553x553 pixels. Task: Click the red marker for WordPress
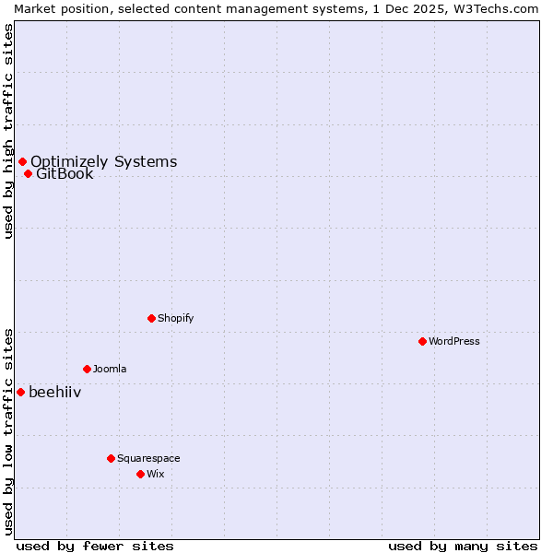(x=422, y=341)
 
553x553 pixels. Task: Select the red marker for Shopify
(x=151, y=318)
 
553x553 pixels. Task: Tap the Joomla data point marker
(x=87, y=369)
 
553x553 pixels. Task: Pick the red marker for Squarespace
(x=111, y=458)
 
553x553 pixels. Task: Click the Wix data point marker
(x=140, y=474)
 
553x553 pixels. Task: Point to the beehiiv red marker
(x=20, y=392)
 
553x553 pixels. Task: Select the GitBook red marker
(x=28, y=173)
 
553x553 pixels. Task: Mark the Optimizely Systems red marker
(x=22, y=162)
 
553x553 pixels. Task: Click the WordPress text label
(x=454, y=341)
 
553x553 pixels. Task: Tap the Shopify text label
(x=175, y=318)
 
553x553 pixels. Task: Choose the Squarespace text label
(x=148, y=458)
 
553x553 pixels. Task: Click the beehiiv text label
(x=54, y=392)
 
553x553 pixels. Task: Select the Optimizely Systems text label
(x=103, y=162)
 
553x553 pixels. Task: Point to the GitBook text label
(x=65, y=173)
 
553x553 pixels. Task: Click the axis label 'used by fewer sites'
(x=95, y=546)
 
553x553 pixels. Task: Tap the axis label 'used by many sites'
(x=463, y=546)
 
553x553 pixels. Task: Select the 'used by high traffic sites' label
(x=8, y=131)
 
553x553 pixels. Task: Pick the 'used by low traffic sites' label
(x=8, y=431)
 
